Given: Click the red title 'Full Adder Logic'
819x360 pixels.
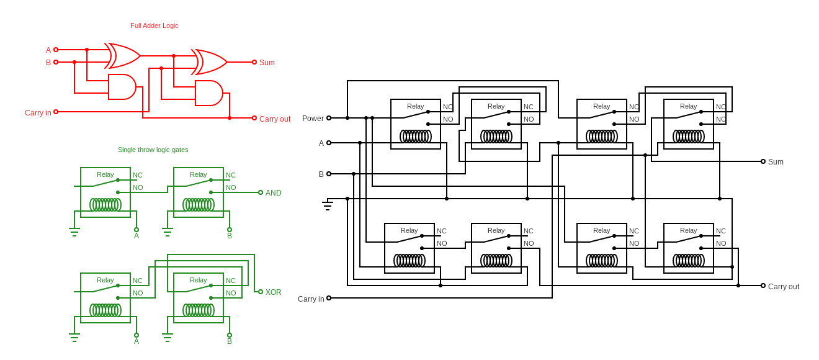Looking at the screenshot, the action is pyautogui.click(x=154, y=25).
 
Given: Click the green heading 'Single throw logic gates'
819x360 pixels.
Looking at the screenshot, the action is pyautogui.click(x=153, y=150).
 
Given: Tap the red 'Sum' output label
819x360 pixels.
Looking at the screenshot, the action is pyautogui.click(x=267, y=63).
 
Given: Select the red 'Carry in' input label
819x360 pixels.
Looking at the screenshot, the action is pyautogui.click(x=38, y=113).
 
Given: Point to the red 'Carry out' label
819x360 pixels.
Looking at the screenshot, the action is pyautogui.click(x=275, y=119).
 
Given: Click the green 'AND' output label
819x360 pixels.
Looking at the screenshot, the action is pyautogui.click(x=273, y=193).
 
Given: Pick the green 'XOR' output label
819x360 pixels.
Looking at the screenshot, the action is pyautogui.click(x=273, y=292).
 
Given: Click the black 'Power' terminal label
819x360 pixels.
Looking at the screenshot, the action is pyautogui.click(x=313, y=119).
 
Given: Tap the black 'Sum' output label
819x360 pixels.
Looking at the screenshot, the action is pyautogui.click(x=776, y=162).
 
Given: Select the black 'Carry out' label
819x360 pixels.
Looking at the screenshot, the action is pyautogui.click(x=784, y=287).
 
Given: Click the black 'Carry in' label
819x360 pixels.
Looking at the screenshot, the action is pyautogui.click(x=311, y=299).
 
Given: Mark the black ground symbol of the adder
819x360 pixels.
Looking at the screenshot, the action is pyautogui.click(x=328, y=205).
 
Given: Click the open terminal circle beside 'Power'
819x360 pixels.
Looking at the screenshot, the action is pyautogui.click(x=329, y=118).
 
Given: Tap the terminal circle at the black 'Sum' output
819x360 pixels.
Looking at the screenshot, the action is pyautogui.click(x=763, y=161).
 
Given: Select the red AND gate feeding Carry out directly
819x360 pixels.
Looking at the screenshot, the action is pyautogui.click(x=209, y=93).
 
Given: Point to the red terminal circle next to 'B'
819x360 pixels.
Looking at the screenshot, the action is pyautogui.click(x=56, y=62).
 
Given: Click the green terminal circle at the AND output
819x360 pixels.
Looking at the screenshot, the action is pyautogui.click(x=261, y=192).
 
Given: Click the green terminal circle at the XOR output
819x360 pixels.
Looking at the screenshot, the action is pyautogui.click(x=261, y=292).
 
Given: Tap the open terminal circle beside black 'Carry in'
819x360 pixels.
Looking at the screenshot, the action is pyautogui.click(x=329, y=298).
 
